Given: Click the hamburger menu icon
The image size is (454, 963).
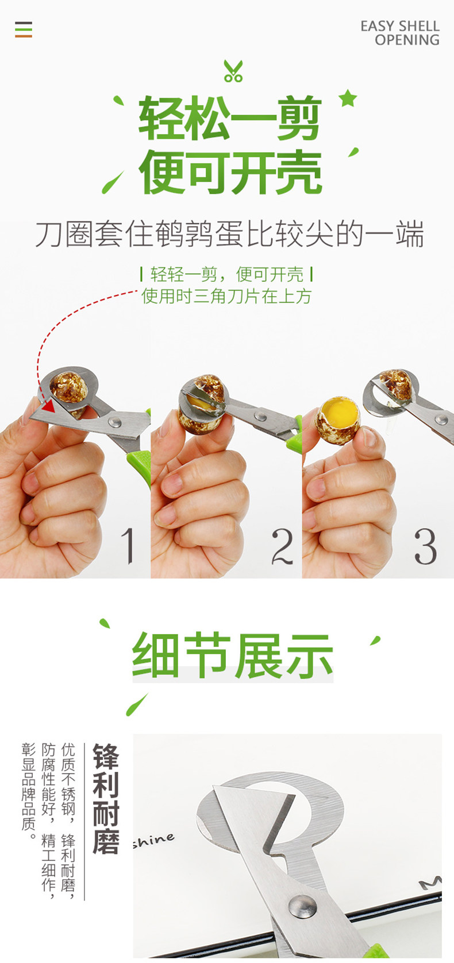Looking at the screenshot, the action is pos(23,29).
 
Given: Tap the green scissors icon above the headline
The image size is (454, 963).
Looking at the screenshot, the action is pos(233,71).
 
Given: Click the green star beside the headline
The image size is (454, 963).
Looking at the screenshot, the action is pos(348,98).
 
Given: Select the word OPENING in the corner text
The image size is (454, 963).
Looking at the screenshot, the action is pos(407,40).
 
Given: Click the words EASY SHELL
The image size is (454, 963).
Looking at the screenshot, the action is pos(400,26).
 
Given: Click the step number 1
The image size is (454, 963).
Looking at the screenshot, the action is pos(128,545).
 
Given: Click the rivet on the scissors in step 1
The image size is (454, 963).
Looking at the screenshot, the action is pos(114,422).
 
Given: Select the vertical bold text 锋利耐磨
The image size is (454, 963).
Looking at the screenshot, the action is pos(106,798).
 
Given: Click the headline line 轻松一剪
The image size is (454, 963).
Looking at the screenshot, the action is pos(230,118).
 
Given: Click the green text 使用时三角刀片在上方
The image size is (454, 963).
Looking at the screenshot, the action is pos(226,296).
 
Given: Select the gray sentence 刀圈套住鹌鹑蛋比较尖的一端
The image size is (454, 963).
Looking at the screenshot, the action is pos(229,235).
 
